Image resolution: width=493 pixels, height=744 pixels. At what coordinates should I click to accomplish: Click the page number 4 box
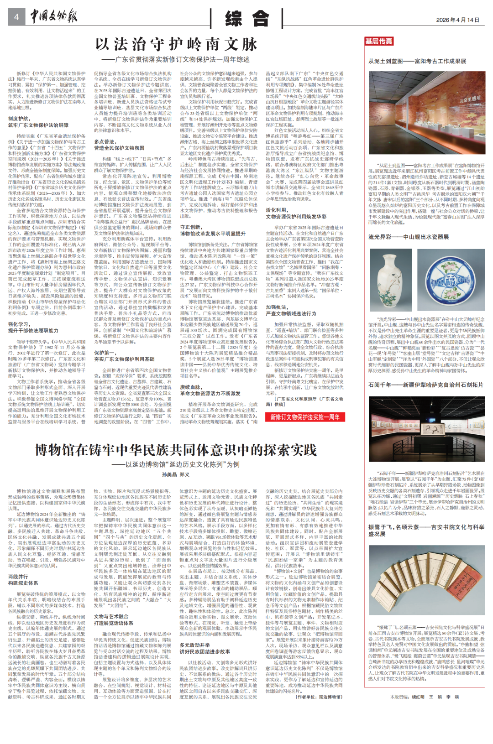(x=16, y=17)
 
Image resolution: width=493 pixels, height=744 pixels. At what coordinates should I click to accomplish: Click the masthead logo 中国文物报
(x=54, y=17)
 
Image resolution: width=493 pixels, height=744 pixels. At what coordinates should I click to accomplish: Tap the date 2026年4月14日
(x=457, y=20)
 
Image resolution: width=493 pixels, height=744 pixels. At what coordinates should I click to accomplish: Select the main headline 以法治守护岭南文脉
(x=176, y=45)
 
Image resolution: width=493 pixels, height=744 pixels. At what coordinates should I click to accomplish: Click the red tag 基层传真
(x=378, y=41)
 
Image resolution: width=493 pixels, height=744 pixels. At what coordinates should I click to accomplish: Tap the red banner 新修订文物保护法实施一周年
(x=305, y=417)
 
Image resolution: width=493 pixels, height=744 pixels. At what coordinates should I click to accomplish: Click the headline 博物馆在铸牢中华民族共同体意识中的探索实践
(x=176, y=450)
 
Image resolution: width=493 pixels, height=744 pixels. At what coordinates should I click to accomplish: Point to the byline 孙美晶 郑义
(x=176, y=475)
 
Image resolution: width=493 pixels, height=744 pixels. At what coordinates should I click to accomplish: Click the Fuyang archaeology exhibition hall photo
(x=427, y=112)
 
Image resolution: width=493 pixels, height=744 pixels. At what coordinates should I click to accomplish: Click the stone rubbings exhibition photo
(x=427, y=429)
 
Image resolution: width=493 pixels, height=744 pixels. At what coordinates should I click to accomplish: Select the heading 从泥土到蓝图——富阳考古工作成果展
(x=417, y=61)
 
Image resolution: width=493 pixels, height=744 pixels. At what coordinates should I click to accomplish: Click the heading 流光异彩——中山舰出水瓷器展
(x=409, y=237)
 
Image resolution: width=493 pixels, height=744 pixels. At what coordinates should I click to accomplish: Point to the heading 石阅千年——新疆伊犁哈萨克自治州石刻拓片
(x=425, y=385)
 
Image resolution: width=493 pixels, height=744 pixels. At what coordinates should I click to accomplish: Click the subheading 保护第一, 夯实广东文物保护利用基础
(x=124, y=356)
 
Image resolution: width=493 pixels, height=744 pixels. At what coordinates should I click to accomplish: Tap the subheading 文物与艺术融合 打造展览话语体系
(x=114, y=619)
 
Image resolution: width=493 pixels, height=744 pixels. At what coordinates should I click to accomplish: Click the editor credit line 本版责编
(x=425, y=697)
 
